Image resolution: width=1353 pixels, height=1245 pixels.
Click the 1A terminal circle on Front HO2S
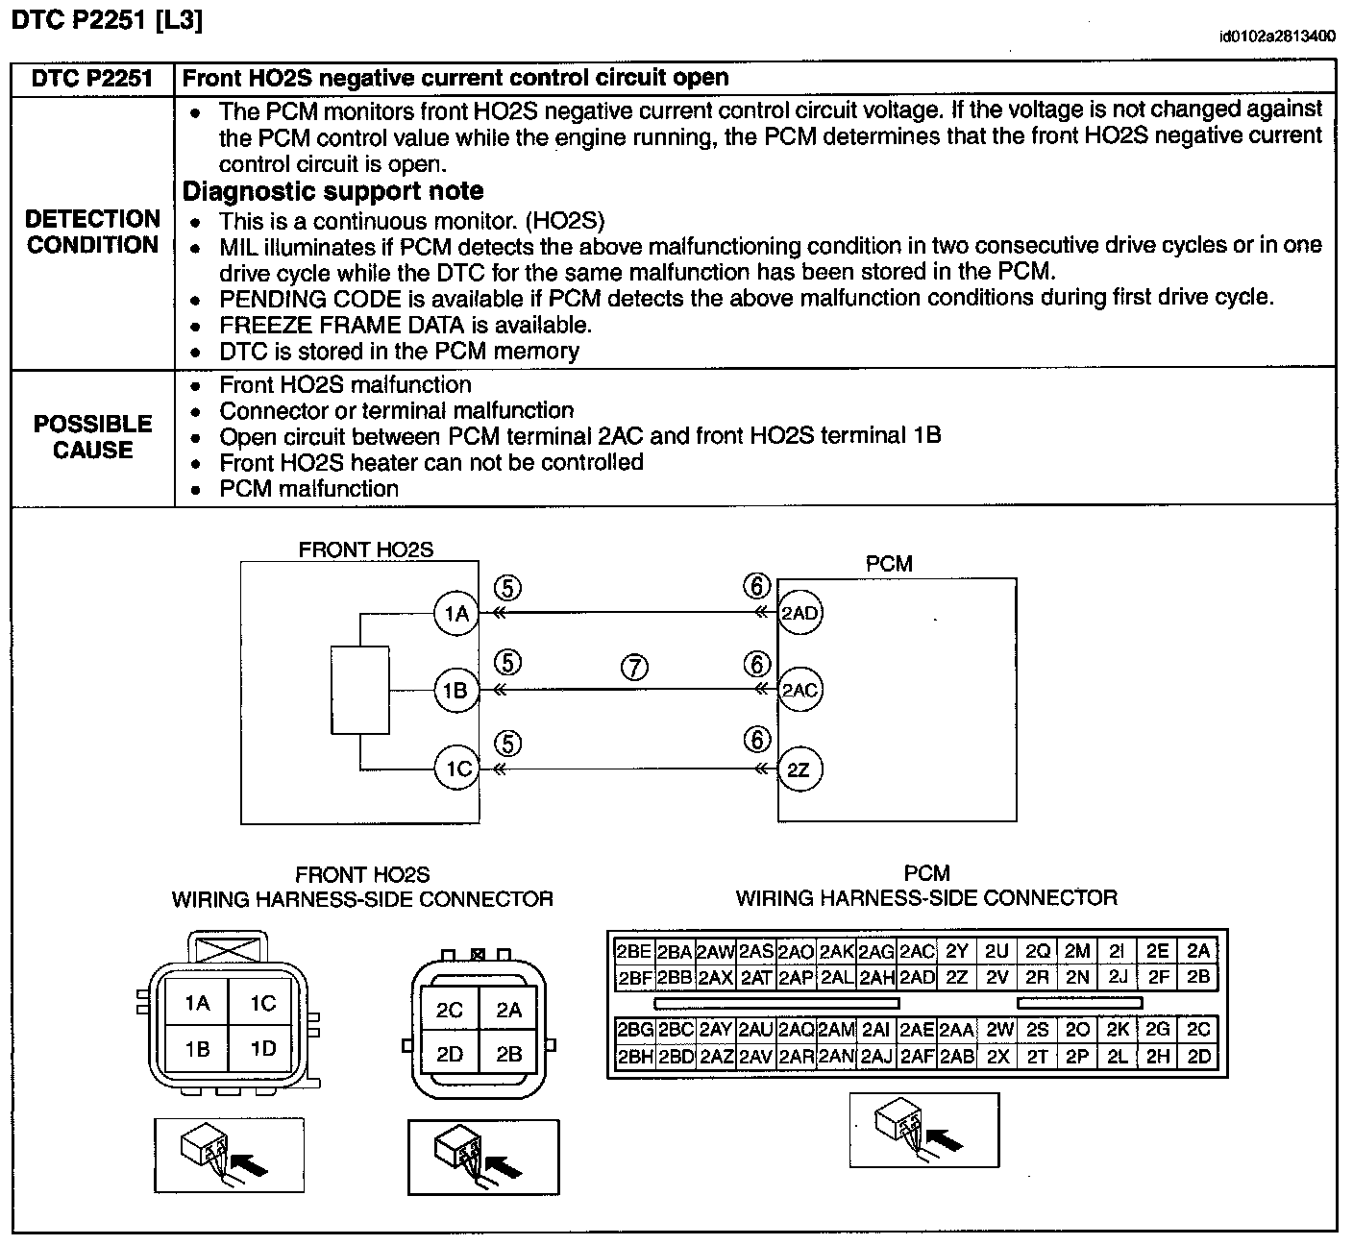456,613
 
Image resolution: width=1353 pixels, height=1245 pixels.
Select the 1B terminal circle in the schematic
456,690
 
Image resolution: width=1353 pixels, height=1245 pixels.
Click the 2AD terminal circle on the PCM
799,613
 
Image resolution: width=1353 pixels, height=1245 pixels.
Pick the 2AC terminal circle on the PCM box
799,690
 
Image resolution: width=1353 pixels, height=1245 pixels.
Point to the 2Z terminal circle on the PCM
799,769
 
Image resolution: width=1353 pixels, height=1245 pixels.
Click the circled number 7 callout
634,668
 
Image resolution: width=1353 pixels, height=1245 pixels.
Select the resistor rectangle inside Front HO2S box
359,691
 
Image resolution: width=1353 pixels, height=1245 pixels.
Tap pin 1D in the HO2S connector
263,1049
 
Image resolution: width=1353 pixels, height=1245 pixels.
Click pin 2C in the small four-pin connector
450,1010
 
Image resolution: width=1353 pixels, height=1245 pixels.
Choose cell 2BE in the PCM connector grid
634,951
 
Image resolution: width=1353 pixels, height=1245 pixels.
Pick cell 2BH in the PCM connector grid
634,1057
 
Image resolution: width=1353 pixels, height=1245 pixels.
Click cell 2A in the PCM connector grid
1198,951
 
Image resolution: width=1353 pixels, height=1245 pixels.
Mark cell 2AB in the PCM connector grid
957,1057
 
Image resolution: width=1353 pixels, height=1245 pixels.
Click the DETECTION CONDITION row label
92,232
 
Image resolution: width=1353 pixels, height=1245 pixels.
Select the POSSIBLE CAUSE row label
92,437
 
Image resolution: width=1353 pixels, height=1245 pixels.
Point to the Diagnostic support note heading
332,191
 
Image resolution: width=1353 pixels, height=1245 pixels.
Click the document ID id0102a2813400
1276,37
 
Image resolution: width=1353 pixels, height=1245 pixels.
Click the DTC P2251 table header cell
92,79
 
